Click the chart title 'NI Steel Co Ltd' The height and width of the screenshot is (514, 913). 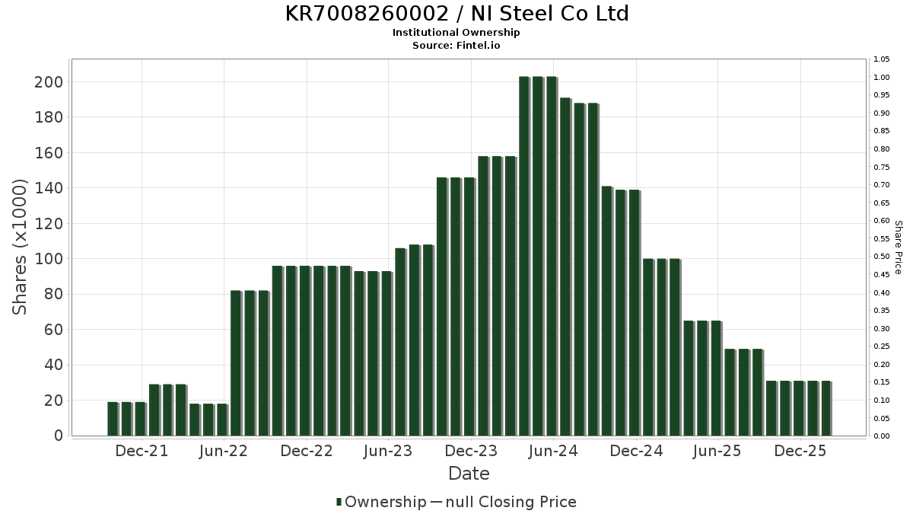(456, 14)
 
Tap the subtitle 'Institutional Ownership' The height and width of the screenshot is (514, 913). (456, 33)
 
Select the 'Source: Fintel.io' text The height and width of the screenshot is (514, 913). (456, 45)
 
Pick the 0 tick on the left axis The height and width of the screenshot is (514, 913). (58, 436)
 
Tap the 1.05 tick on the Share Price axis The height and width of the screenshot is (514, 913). (882, 59)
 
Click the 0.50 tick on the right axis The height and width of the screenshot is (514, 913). (882, 257)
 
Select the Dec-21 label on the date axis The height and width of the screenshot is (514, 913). (142, 452)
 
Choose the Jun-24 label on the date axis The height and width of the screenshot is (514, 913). (553, 452)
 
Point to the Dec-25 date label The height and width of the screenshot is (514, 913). (800, 452)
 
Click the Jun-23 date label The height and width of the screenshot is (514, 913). (388, 452)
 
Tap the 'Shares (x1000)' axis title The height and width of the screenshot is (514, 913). (21, 247)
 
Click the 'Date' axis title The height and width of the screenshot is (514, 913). (469, 474)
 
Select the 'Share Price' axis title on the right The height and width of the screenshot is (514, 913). (898, 247)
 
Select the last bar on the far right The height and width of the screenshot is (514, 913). (826, 409)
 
